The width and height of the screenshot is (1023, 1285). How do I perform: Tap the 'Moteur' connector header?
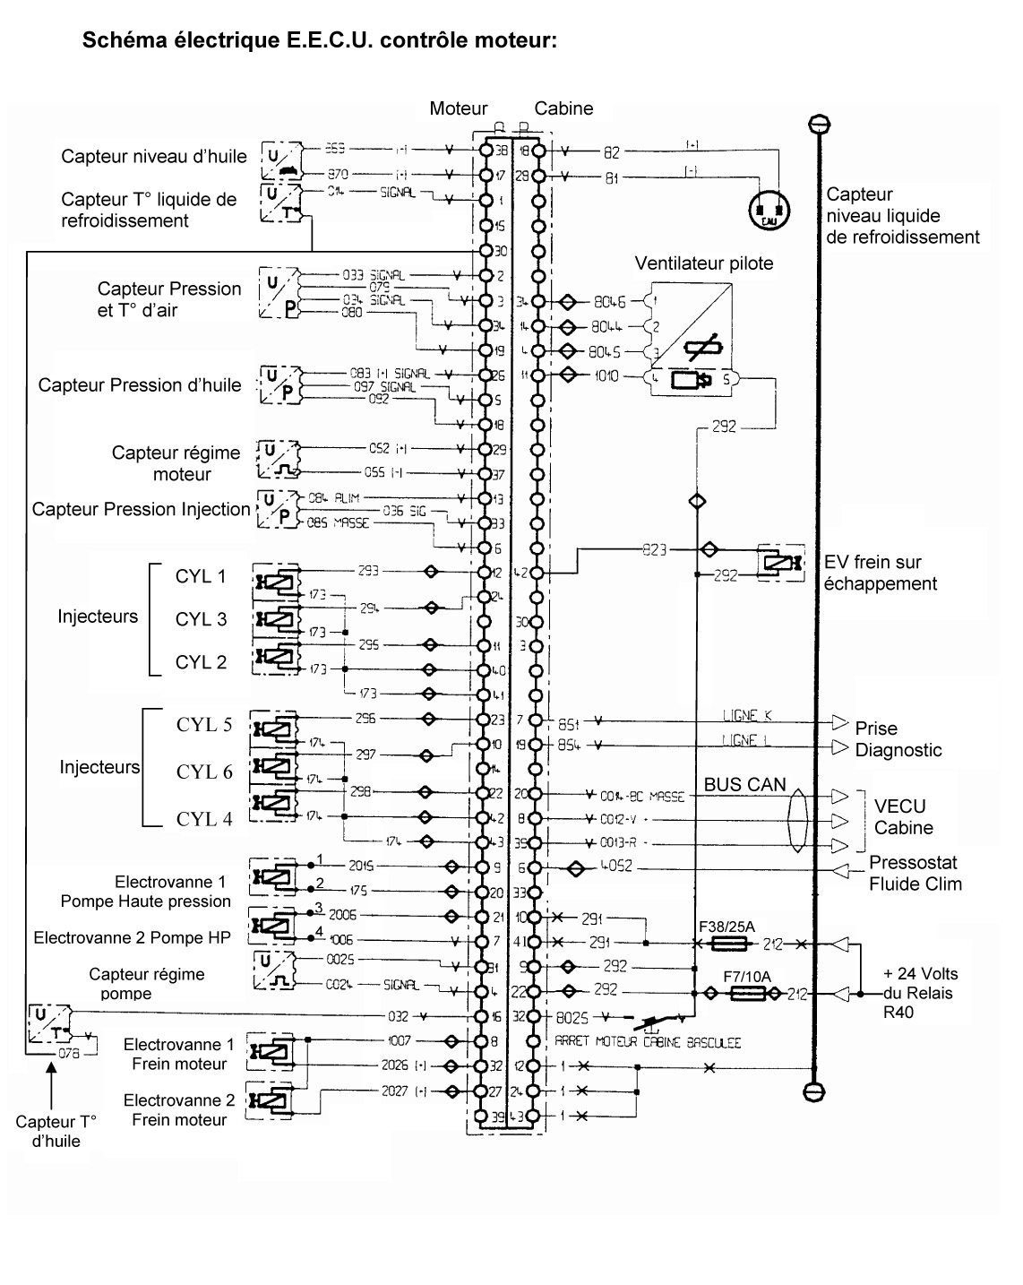click(458, 108)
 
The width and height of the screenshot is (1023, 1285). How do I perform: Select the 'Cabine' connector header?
click(563, 108)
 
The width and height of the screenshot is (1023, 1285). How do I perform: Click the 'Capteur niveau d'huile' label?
click(154, 157)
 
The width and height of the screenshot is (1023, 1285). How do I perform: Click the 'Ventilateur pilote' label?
click(703, 263)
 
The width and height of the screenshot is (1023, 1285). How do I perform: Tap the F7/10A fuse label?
click(746, 976)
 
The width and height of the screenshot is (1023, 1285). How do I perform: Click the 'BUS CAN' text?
click(744, 785)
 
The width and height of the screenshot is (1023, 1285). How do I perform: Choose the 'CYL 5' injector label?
click(204, 725)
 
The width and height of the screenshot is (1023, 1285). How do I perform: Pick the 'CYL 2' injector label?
click(201, 662)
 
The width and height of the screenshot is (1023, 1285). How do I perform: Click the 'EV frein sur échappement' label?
click(880, 573)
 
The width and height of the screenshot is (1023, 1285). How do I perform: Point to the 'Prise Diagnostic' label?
click(898, 739)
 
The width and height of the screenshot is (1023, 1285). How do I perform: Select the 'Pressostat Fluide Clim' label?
click(915, 873)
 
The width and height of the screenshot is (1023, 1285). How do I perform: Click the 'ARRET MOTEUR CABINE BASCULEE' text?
click(648, 1042)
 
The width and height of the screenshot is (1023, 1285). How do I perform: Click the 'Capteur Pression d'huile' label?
click(140, 385)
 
